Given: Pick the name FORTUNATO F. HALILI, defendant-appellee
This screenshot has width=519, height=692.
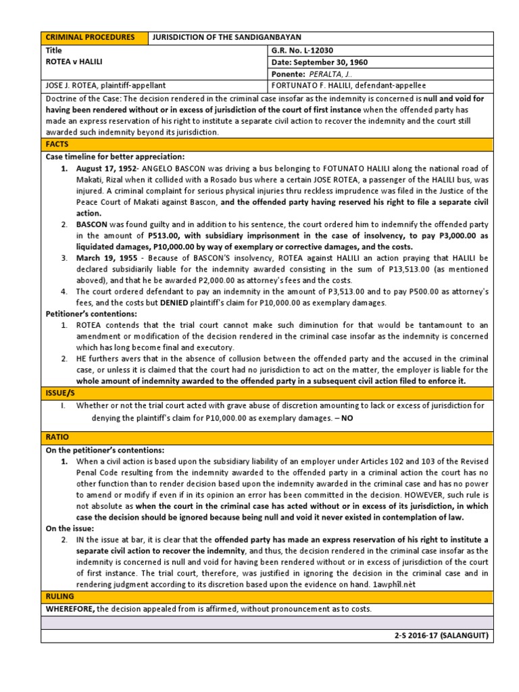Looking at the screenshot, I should click(x=350, y=86).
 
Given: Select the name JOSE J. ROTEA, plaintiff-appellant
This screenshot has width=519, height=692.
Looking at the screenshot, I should click(x=105, y=86).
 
